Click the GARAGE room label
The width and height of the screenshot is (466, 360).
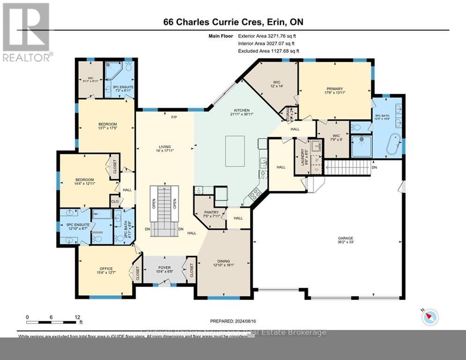tap(346, 238)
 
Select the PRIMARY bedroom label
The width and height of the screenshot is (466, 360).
tap(335, 89)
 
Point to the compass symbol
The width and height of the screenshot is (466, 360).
tap(429, 317)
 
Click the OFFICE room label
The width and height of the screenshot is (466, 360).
tap(106, 269)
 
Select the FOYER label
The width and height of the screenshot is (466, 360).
tap(164, 268)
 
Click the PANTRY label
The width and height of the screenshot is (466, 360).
tap(211, 212)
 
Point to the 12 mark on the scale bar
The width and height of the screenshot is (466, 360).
tap(76, 317)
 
